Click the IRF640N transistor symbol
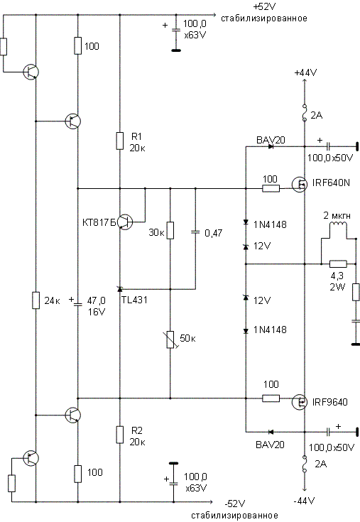click(x=300, y=184)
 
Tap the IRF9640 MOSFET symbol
click(x=300, y=402)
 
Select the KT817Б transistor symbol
click(x=126, y=222)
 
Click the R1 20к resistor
click(x=120, y=141)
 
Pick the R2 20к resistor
click(x=120, y=435)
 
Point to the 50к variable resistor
click(x=170, y=339)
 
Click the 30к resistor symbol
click(x=170, y=230)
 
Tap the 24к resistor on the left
click(x=36, y=300)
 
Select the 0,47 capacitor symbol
click(x=195, y=232)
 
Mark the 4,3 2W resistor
click(x=338, y=264)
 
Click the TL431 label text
click(x=134, y=300)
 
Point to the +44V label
click(x=305, y=72)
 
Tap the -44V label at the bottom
click(x=304, y=501)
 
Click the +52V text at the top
click(x=265, y=6)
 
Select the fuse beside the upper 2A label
click(x=304, y=113)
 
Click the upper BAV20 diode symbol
click(x=271, y=146)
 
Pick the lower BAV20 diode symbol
click(x=271, y=432)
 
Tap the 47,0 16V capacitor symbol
click(x=78, y=304)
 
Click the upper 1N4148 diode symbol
click(x=246, y=222)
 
